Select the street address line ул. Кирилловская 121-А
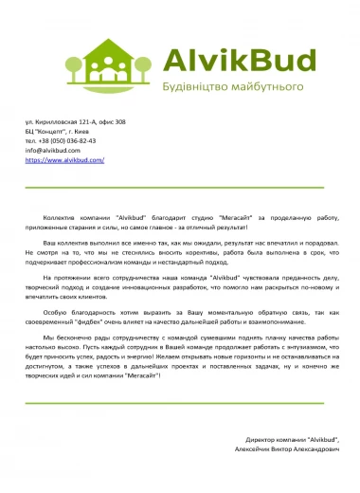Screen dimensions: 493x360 point(75,122)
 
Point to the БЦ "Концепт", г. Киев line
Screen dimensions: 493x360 point(66,132)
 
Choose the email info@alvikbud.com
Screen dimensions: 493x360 point(53,151)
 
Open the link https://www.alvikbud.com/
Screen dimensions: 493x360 point(64,160)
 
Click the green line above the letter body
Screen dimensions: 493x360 point(180,188)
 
